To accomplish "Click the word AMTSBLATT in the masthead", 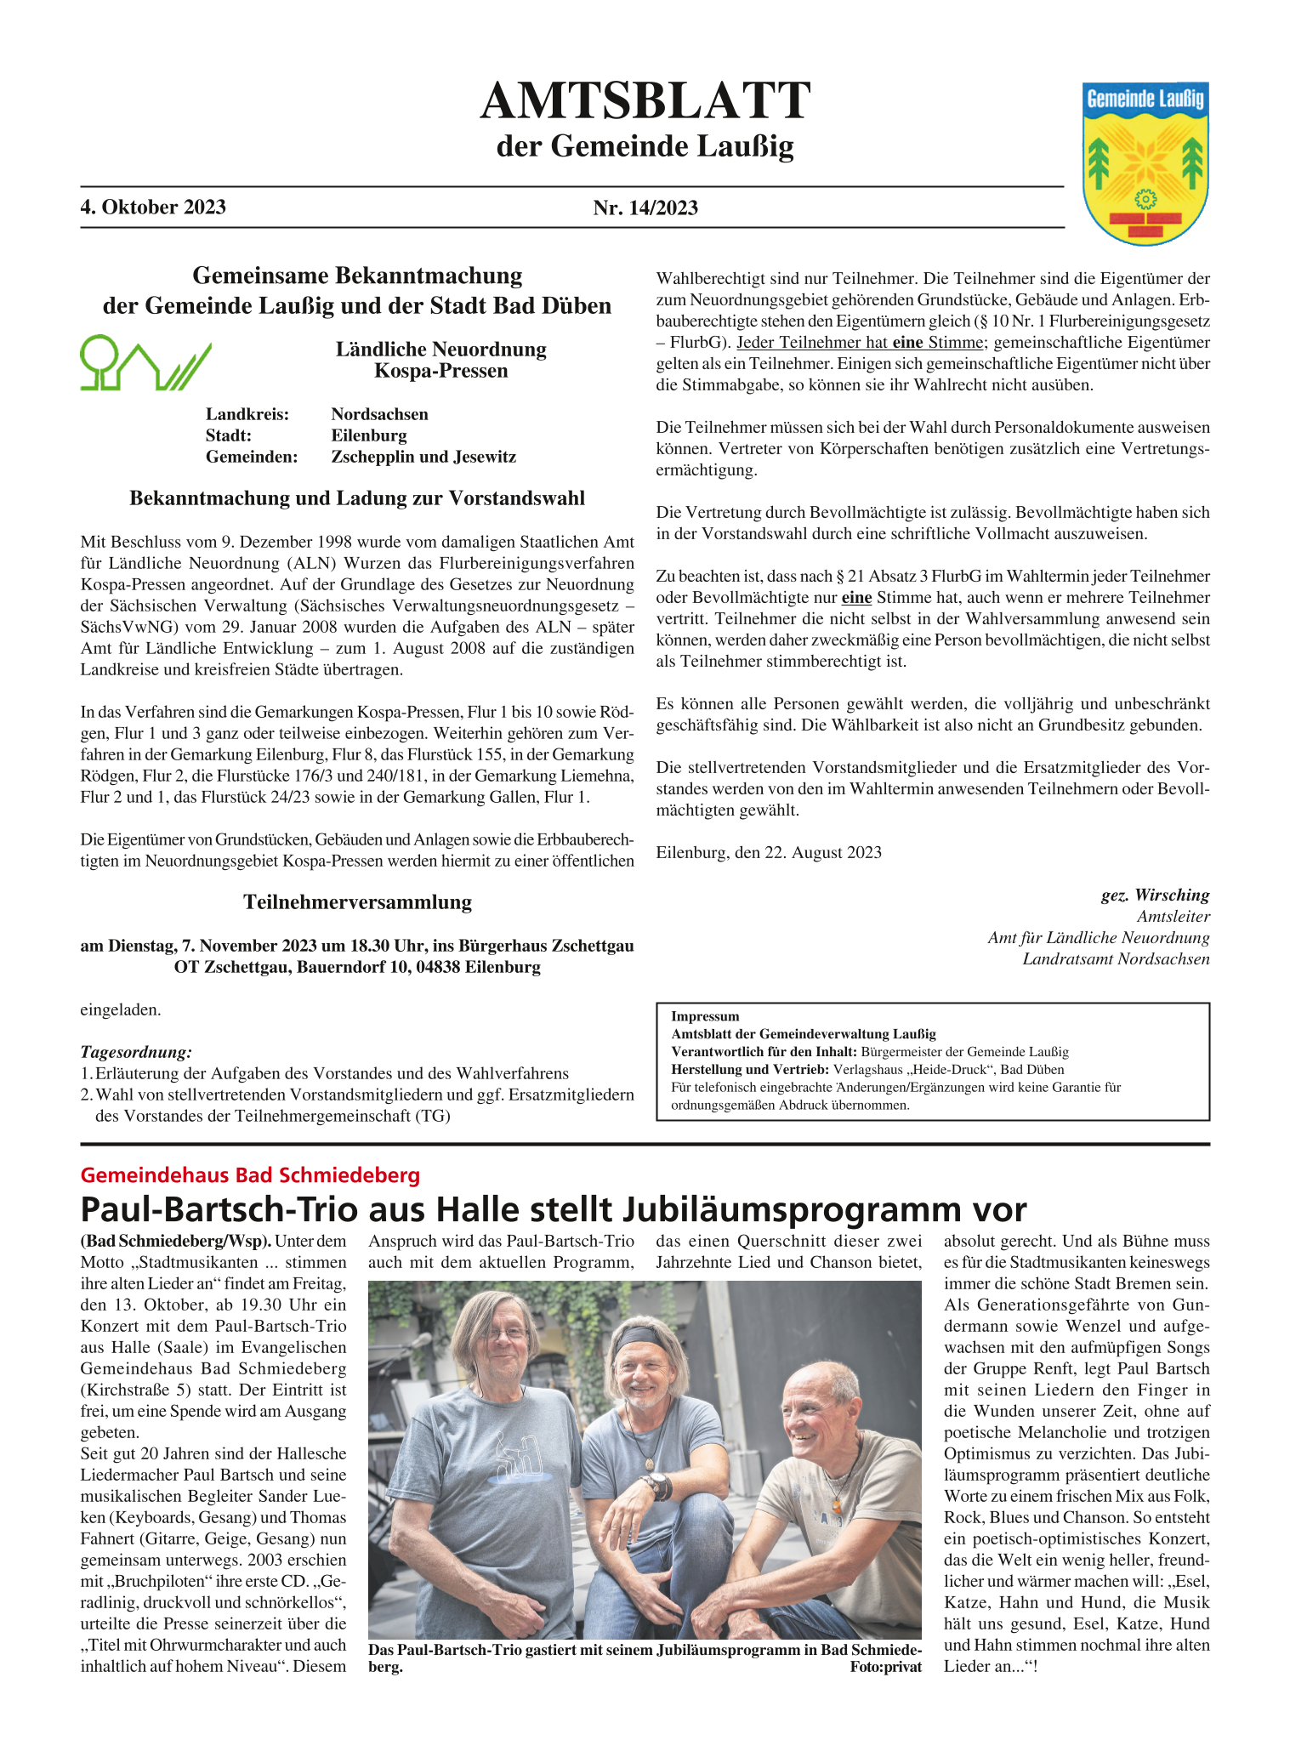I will point(645,101).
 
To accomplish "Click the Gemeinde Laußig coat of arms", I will point(1145,163).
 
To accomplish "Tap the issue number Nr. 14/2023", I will point(645,208).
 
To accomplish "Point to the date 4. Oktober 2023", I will point(153,208).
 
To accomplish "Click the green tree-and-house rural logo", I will point(145,363).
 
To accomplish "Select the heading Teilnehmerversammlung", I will point(357,901).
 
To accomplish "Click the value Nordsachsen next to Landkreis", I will point(379,414).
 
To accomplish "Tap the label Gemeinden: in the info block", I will point(252,457).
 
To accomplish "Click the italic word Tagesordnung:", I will point(136,1052).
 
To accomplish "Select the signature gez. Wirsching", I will point(1155,895).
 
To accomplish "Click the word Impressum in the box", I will point(705,1016).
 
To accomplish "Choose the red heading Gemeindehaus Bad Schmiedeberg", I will point(250,1175).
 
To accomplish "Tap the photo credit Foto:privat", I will point(885,1667).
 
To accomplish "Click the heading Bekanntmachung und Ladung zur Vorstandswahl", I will point(357,498).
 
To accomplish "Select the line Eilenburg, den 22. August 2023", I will point(769,852).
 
